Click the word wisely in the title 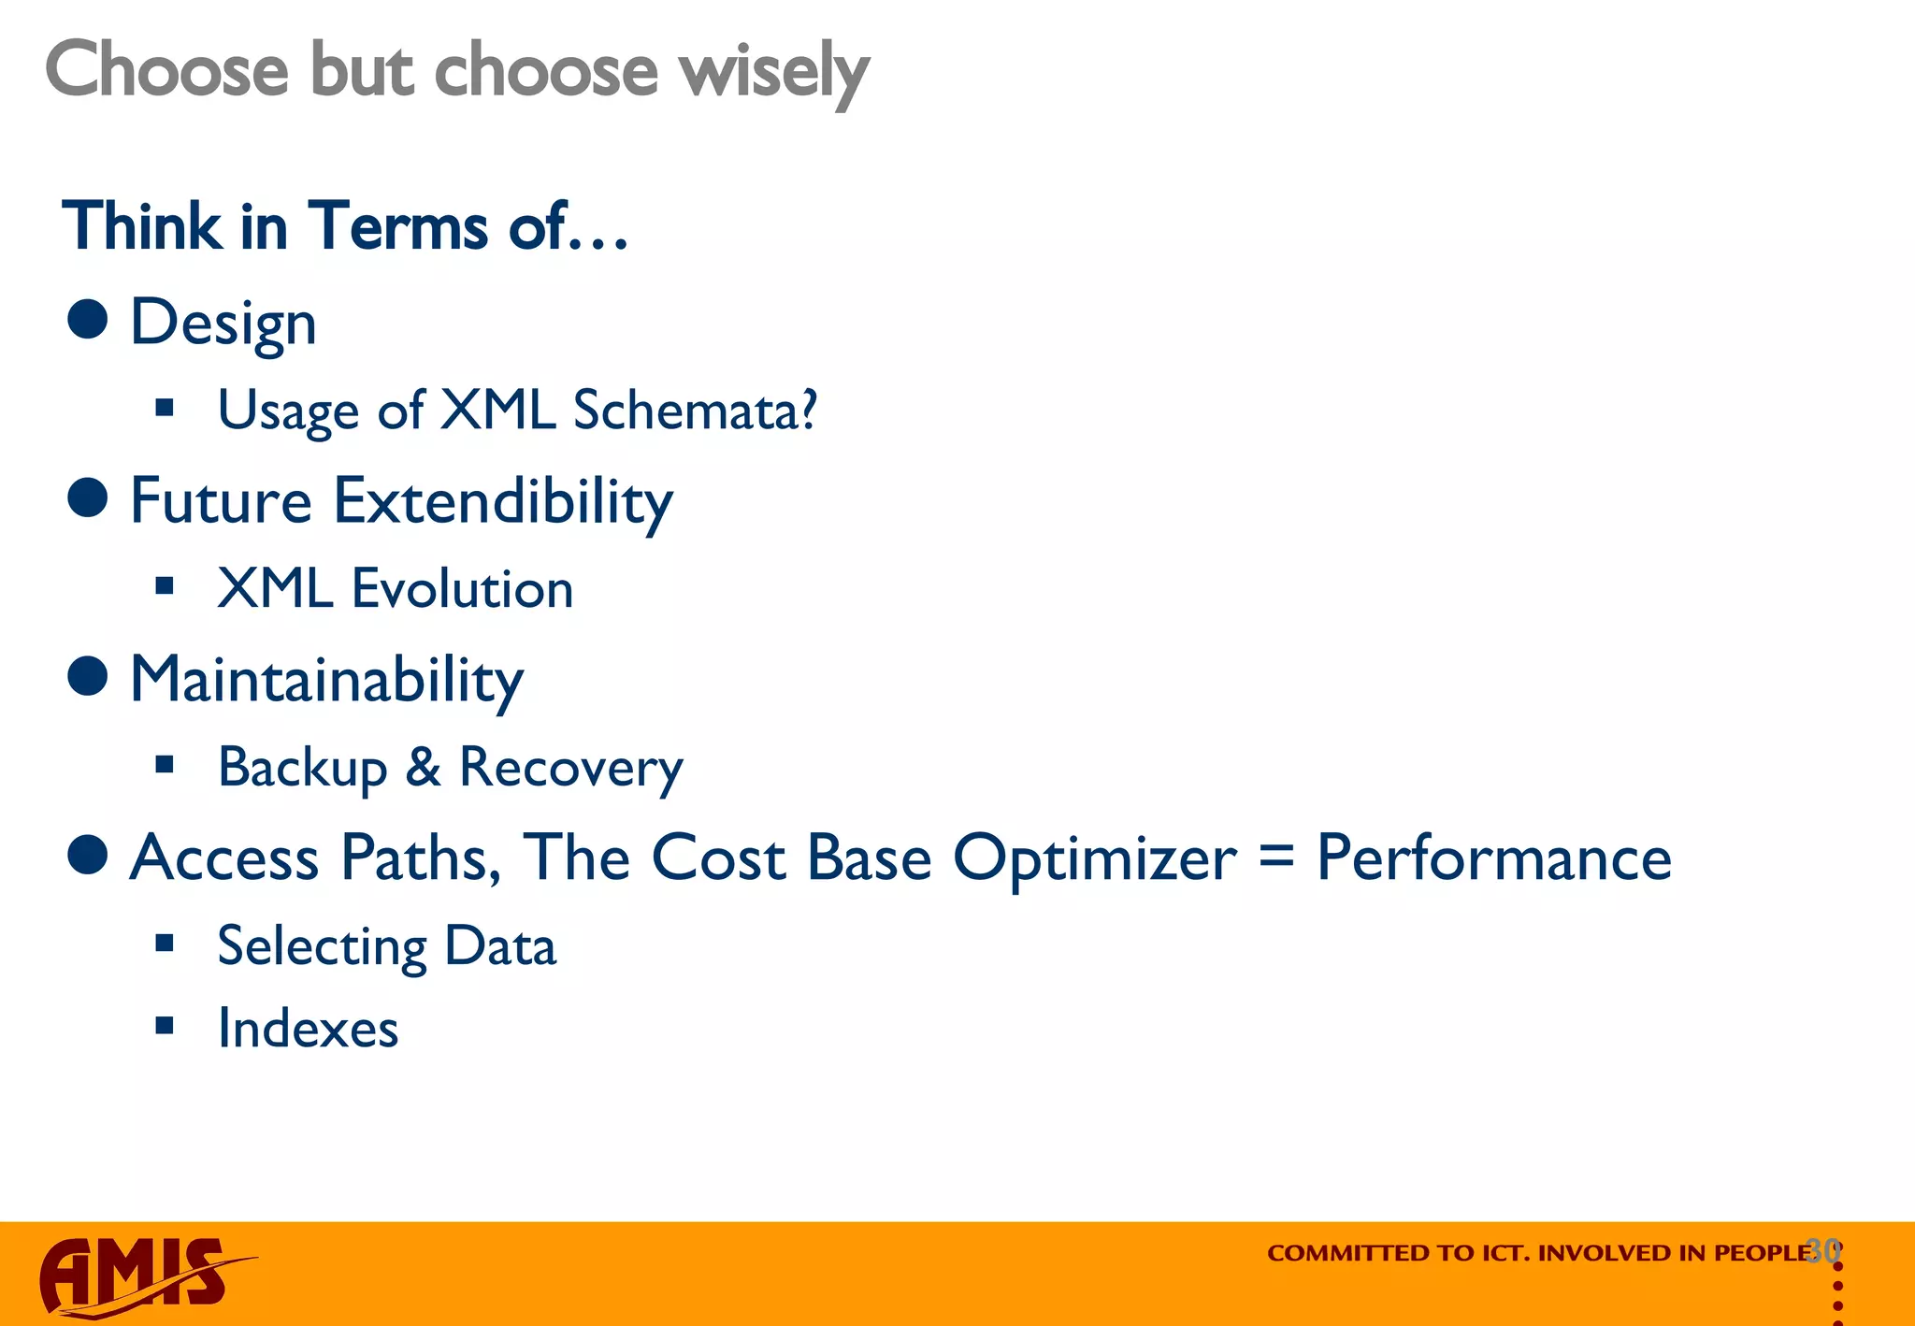[x=774, y=71]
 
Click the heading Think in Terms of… [x=345, y=227]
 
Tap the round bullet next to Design [x=88, y=319]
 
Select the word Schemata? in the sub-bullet [x=695, y=411]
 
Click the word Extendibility [x=503, y=501]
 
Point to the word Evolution [x=462, y=589]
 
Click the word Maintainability [x=326, y=680]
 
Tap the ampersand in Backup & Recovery [x=423, y=768]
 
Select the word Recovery [x=571, y=768]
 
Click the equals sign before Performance [x=1276, y=857]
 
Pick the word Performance [x=1493, y=858]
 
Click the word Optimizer [x=1095, y=858]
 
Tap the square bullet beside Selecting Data [x=166, y=943]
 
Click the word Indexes [x=308, y=1029]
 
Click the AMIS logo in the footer [x=140, y=1276]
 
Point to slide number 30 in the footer [x=1822, y=1250]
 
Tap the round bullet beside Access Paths [x=88, y=855]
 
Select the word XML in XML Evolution [x=275, y=589]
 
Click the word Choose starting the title [x=167, y=71]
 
